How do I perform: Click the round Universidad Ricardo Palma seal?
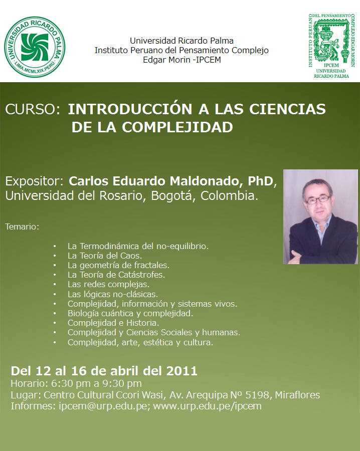35,47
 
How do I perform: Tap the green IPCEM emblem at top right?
331,46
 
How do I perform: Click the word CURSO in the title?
31,109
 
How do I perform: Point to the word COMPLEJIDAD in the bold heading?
177,127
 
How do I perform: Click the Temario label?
22,227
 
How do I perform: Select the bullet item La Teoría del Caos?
105,256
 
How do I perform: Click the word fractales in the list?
151,265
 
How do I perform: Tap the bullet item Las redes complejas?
108,285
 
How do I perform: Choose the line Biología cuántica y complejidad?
130,313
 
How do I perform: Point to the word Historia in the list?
143,323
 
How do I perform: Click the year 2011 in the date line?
182,371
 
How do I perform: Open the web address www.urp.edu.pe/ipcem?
207,406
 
